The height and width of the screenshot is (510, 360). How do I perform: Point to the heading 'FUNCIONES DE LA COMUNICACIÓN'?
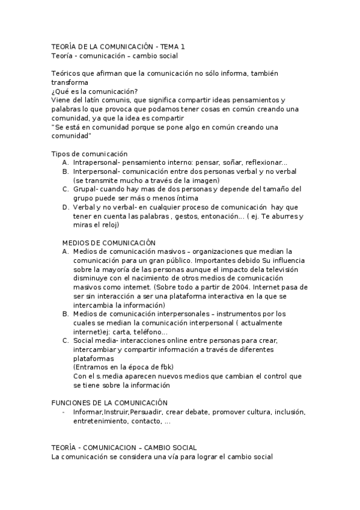pyautogui.click(x=109, y=402)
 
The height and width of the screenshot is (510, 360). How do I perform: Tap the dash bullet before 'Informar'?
pyautogui.click(x=64, y=412)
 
